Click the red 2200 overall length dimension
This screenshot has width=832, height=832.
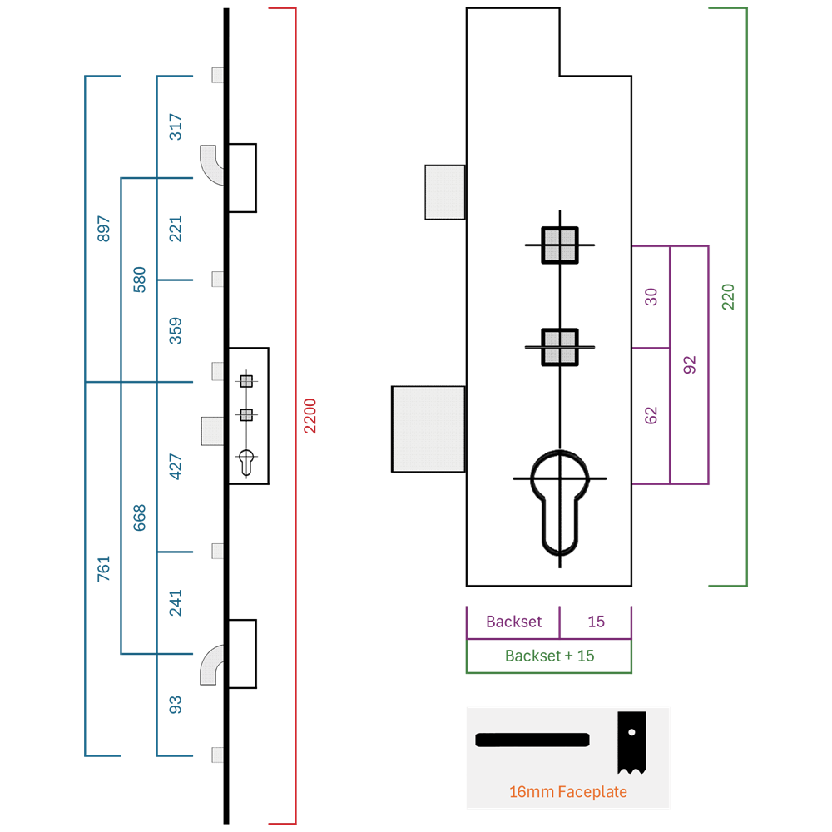click(x=310, y=416)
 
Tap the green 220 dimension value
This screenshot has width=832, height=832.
click(x=728, y=297)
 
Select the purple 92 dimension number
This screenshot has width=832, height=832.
click(x=689, y=365)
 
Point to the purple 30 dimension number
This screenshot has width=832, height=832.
click(x=651, y=297)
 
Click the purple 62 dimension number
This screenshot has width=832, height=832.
click(x=651, y=415)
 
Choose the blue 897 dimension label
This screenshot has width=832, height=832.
click(x=103, y=230)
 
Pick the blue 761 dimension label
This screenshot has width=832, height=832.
click(x=103, y=569)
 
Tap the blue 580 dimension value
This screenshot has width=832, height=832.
click(x=139, y=280)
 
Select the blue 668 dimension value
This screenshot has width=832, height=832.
click(x=139, y=518)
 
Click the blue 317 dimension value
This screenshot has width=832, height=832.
click(x=175, y=126)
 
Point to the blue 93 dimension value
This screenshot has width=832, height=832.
click(x=175, y=705)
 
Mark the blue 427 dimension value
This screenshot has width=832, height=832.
click(x=175, y=467)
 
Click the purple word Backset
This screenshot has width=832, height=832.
click(x=513, y=622)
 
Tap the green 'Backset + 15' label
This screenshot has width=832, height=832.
click(x=549, y=656)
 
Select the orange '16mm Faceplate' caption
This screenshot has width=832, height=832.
click(x=567, y=792)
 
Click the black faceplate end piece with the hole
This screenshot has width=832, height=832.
click(x=631, y=743)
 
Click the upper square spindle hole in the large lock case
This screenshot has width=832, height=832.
click(x=560, y=245)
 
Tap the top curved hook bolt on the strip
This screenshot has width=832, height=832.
click(x=212, y=165)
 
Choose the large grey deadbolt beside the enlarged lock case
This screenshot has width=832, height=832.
click(x=428, y=428)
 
